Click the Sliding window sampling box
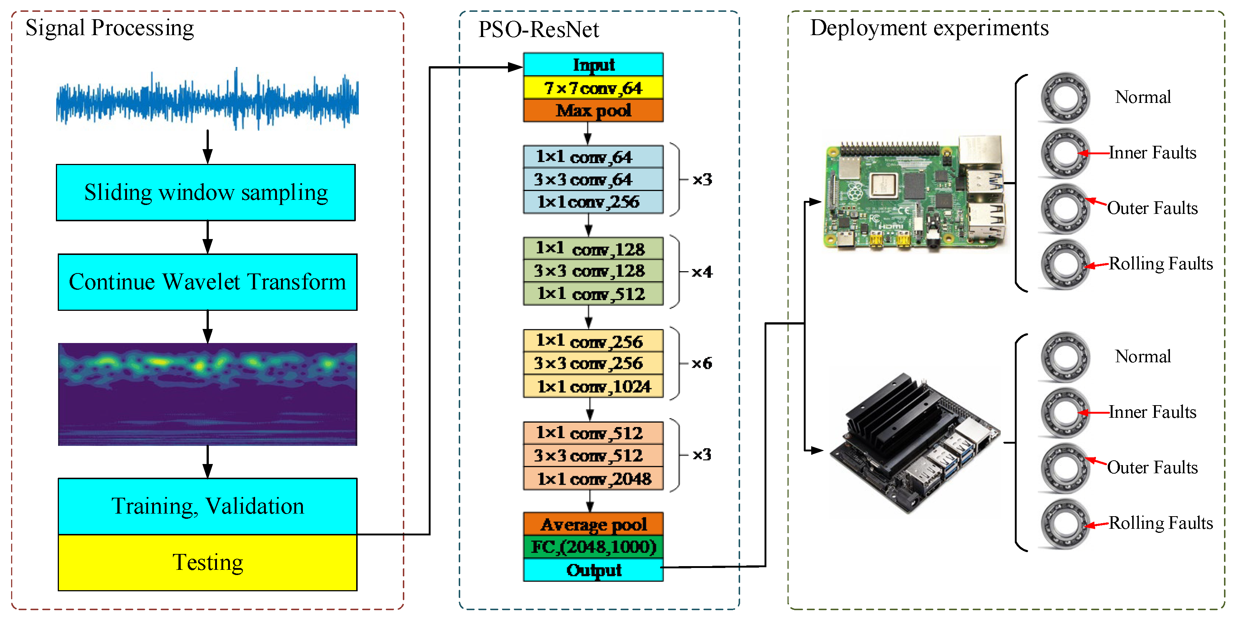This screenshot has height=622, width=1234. coord(206,192)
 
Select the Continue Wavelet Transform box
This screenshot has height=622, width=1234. coord(207,282)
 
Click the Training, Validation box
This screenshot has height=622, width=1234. coord(207,506)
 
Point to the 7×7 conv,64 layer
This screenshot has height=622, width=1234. coord(593,88)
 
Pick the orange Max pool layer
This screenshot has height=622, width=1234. coord(593,111)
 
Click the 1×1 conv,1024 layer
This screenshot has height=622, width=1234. coord(593,386)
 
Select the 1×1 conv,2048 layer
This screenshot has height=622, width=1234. coord(593,478)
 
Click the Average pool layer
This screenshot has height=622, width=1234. coord(593,524)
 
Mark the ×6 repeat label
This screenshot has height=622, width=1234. coord(702,363)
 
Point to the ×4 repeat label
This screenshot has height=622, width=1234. coord(702,272)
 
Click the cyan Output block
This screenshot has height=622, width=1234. coord(593,570)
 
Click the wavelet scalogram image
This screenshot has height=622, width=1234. coord(207,394)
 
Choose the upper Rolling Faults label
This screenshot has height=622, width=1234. coord(1160,263)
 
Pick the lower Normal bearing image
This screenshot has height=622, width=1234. coord(1064,357)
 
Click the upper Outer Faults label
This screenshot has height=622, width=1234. coord(1152,208)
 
